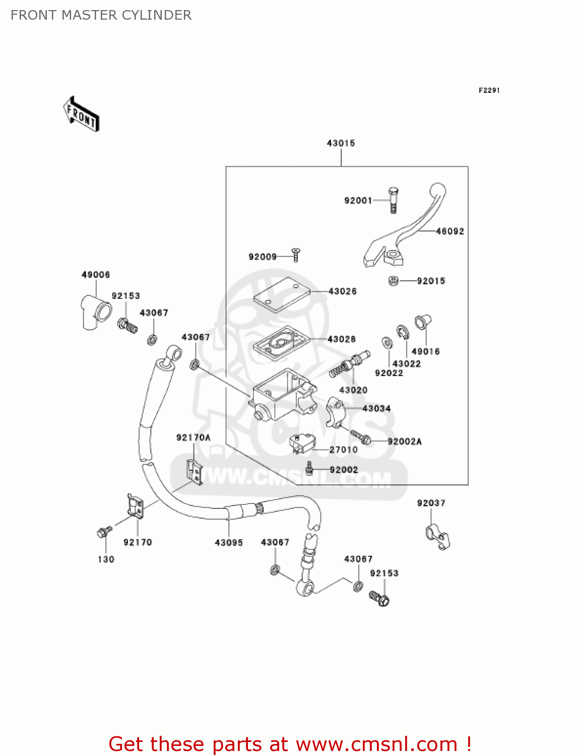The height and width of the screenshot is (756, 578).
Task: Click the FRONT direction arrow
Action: tap(81, 114)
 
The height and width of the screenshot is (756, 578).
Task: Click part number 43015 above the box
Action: tap(341, 143)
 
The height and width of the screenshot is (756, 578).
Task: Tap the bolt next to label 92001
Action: tap(394, 200)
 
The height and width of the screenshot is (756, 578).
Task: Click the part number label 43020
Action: tap(353, 390)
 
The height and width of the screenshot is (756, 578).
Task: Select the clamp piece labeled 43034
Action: tap(336, 411)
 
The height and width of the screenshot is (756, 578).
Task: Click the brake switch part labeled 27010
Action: tap(302, 444)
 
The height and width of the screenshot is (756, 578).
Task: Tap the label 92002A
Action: tap(405, 442)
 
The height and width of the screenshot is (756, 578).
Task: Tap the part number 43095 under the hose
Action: tap(229, 542)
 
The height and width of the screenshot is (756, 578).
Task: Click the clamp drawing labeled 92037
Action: tap(436, 537)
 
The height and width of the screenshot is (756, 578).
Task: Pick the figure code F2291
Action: tap(489, 90)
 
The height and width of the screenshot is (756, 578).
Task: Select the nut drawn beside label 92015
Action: tap(394, 281)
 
